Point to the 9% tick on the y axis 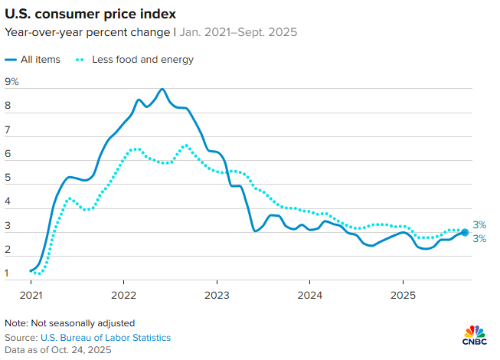pyautogui.click(x=11, y=82)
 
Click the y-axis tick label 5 pyautogui.click(x=8, y=178)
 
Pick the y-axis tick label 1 pyautogui.click(x=8, y=273)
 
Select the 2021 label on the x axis pyautogui.click(x=31, y=294)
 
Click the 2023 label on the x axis pyautogui.click(x=217, y=294)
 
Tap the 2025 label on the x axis pyautogui.click(x=403, y=294)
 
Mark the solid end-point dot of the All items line pyautogui.click(x=465, y=232)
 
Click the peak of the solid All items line pyautogui.click(x=162, y=90)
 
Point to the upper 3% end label pyautogui.click(x=479, y=224)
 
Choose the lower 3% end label pyautogui.click(x=479, y=239)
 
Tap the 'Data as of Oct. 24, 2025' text pyautogui.click(x=58, y=349)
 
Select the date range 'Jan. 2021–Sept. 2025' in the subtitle pyautogui.click(x=239, y=32)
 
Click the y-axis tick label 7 pyautogui.click(x=8, y=130)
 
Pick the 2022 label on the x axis pyautogui.click(x=124, y=294)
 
